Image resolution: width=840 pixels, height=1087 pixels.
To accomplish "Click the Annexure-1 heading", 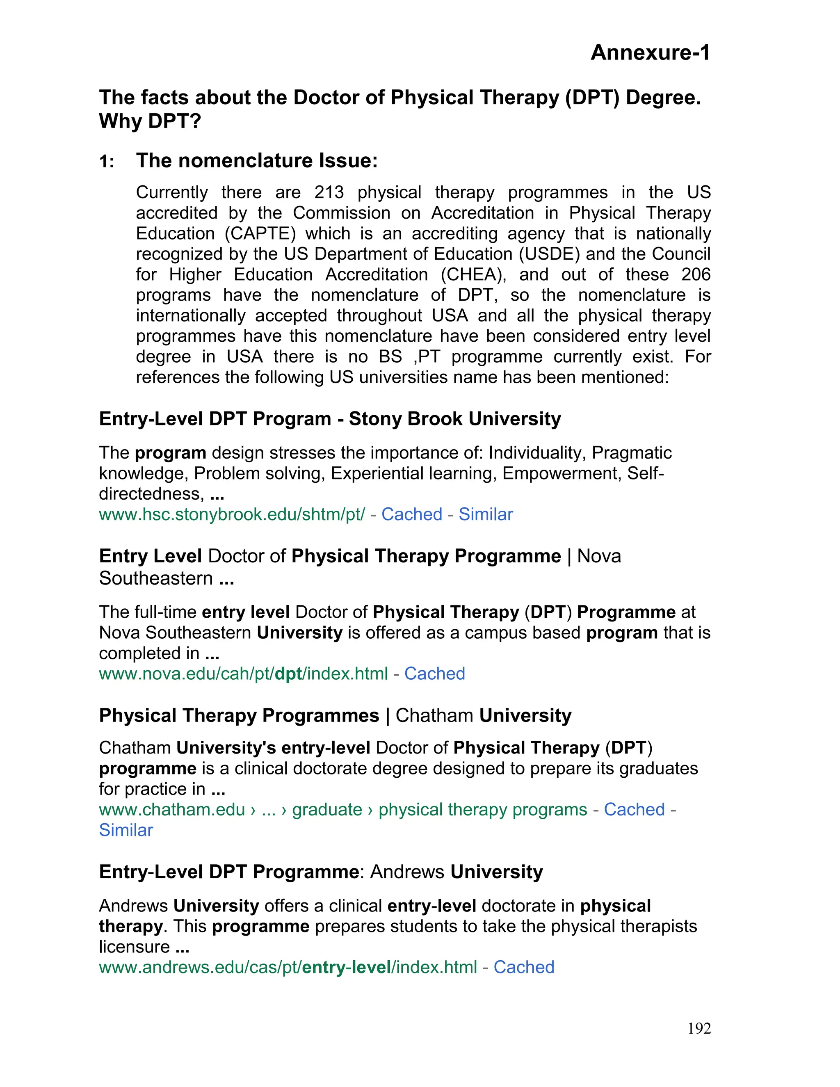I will pyautogui.click(x=650, y=53).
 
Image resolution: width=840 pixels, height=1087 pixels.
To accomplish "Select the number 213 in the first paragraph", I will pyautogui.click(x=329, y=193).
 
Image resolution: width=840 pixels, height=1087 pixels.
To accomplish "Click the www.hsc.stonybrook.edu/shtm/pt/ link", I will pyautogui.click(x=232, y=514).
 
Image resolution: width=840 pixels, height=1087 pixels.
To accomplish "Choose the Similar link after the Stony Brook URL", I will pyautogui.click(x=485, y=514).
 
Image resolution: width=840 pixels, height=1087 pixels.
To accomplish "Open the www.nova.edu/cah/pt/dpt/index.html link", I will pyautogui.click(x=243, y=674).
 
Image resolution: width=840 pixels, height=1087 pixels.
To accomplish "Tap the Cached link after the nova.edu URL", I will pyautogui.click(x=434, y=674).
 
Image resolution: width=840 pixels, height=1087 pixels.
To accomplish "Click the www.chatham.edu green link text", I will pyautogui.click(x=172, y=810).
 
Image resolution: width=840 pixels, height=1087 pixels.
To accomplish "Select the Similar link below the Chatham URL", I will pyautogui.click(x=126, y=830).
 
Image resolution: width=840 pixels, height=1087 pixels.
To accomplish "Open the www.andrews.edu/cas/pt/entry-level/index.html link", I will pyautogui.click(x=288, y=967).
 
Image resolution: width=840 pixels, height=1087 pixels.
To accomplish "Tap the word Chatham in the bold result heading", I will pyautogui.click(x=434, y=716).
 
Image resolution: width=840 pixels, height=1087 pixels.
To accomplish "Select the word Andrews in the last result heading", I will pyautogui.click(x=407, y=872).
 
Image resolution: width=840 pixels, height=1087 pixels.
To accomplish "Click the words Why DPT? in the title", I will pyautogui.click(x=150, y=121).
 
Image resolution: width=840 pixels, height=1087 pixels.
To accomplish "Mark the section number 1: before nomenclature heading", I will pyautogui.click(x=107, y=162).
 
